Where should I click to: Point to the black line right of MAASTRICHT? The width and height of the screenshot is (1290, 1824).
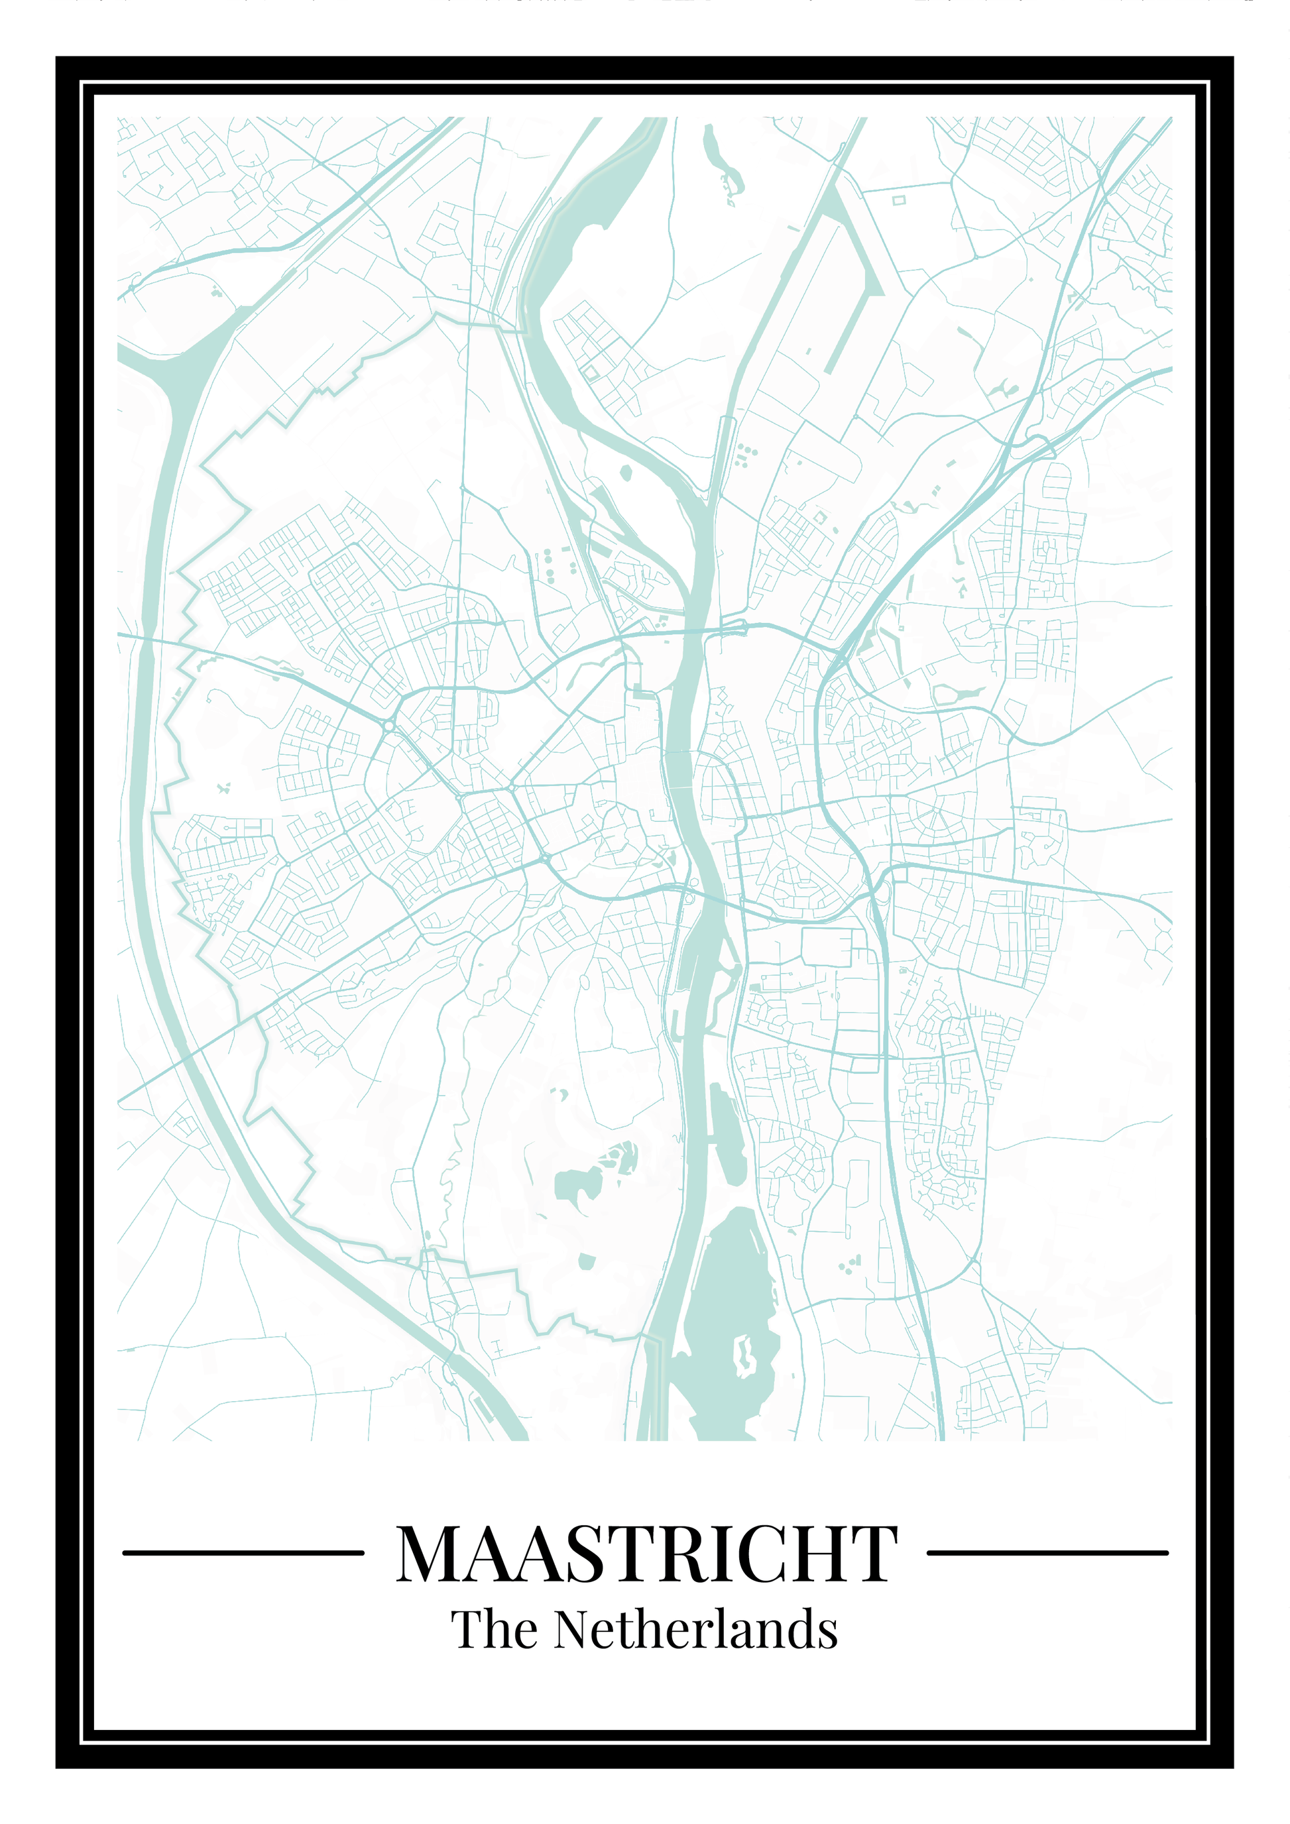tap(1047, 1552)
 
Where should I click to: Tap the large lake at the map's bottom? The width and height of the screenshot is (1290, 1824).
tap(727, 1303)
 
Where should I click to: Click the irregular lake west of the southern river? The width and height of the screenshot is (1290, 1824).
tap(577, 1184)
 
